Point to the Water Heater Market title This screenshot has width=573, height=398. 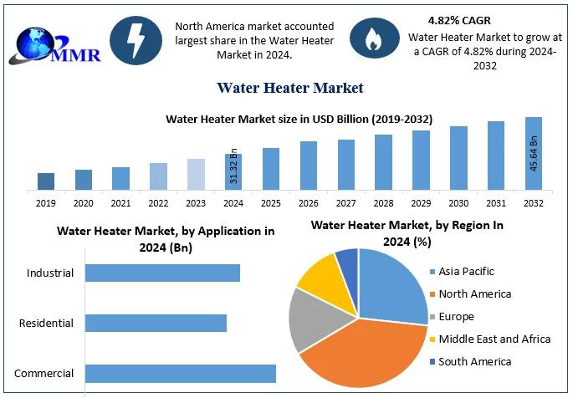pyautogui.click(x=289, y=87)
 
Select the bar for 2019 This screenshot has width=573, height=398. pyautogui.click(x=46, y=181)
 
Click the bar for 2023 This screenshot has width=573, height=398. pyautogui.click(x=196, y=174)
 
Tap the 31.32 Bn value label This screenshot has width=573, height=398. pyautogui.click(x=234, y=167)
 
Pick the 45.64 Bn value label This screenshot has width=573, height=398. pyautogui.click(x=534, y=155)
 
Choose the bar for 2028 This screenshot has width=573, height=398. pyautogui.click(x=383, y=162)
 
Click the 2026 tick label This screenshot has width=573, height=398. pyautogui.click(x=309, y=203)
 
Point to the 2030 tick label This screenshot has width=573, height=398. pyautogui.click(x=458, y=203)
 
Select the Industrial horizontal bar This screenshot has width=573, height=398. pyautogui.click(x=162, y=273)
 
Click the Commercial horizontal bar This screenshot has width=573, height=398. pyautogui.click(x=180, y=374)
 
